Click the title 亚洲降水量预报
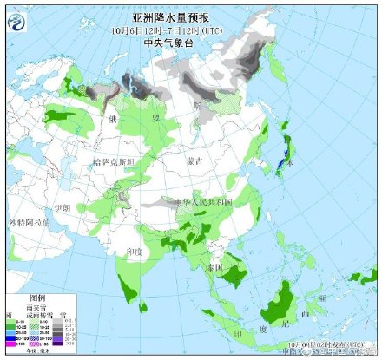[x=191, y=16]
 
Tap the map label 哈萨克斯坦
[x=114, y=162]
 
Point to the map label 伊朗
[x=61, y=208]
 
